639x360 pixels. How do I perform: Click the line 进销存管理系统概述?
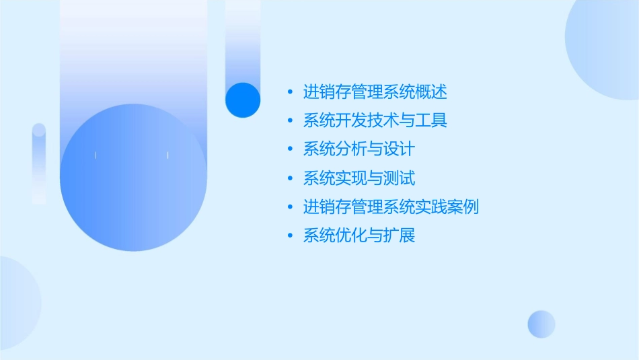pyautogui.click(x=375, y=92)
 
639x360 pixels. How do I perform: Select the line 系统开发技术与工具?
pyautogui.click(x=375, y=120)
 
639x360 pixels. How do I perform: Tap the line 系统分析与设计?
pyautogui.click(x=359, y=149)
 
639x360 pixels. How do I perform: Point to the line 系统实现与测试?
pyautogui.click(x=359, y=178)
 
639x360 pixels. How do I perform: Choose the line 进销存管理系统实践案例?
pyautogui.click(x=391, y=207)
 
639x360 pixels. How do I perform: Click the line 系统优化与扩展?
pyautogui.click(x=359, y=236)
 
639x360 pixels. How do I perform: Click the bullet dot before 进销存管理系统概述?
pyautogui.click(x=290, y=92)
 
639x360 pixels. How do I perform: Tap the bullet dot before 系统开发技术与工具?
pyautogui.click(x=290, y=121)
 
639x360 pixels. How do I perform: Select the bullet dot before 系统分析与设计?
pyautogui.click(x=290, y=149)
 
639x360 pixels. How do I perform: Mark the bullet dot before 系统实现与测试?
pyautogui.click(x=290, y=178)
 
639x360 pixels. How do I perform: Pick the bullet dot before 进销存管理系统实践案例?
pyautogui.click(x=290, y=207)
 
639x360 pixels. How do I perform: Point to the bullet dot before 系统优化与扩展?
pyautogui.click(x=290, y=236)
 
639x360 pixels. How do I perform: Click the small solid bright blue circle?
pyautogui.click(x=243, y=100)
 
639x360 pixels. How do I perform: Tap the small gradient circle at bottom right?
pyautogui.click(x=541, y=324)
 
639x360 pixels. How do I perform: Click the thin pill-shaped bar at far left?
pyautogui.click(x=39, y=164)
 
